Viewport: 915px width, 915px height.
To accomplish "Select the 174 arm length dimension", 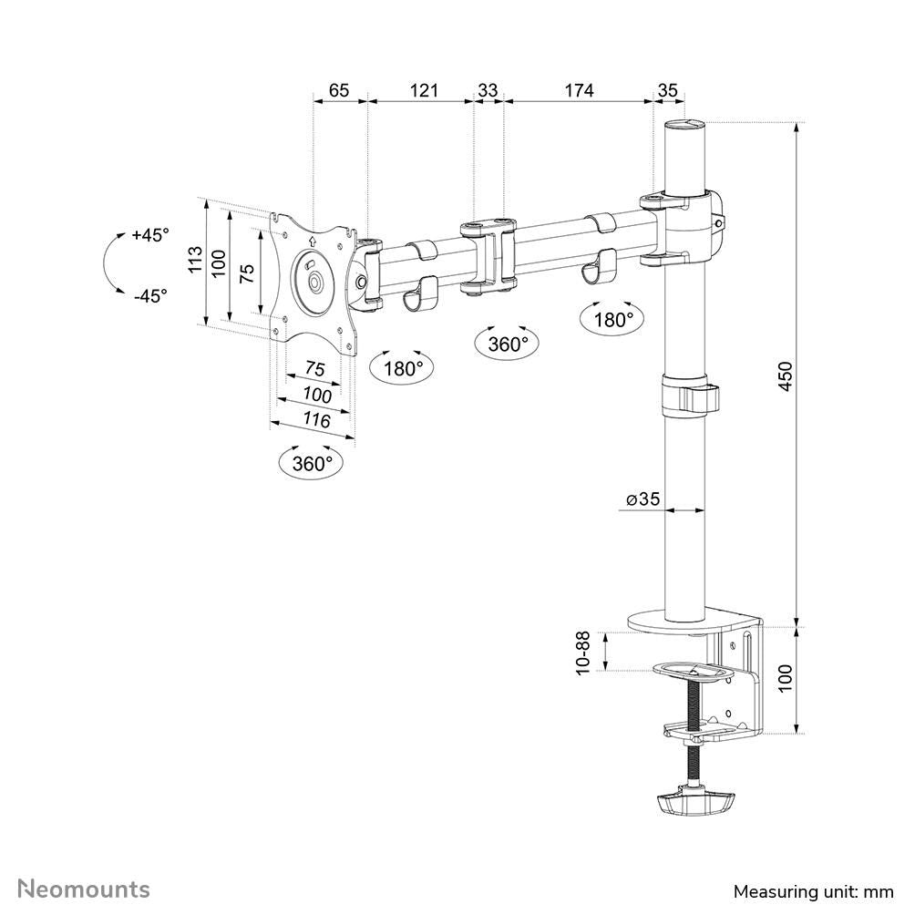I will click(x=579, y=90).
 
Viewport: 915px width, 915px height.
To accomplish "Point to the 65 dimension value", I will click(x=338, y=90).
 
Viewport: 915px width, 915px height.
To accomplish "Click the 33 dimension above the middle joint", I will click(x=488, y=90).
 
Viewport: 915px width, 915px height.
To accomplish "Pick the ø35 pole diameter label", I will click(x=643, y=499).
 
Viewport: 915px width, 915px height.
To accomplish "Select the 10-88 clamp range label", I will click(x=582, y=653).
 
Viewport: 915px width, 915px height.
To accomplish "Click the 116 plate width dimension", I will click(x=316, y=420).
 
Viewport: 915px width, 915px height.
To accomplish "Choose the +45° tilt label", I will click(x=150, y=235).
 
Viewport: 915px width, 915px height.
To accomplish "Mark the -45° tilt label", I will click(x=150, y=295).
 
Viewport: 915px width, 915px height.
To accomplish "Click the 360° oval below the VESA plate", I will click(x=313, y=463).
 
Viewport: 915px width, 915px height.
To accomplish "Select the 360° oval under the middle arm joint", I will click(x=508, y=344).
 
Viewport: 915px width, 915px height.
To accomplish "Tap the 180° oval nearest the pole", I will click(x=613, y=319).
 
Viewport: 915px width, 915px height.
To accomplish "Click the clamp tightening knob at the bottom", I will click(x=694, y=803).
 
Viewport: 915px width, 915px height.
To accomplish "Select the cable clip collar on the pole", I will click(x=688, y=398).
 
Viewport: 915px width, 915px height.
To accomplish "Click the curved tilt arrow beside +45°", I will click(x=111, y=263).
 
